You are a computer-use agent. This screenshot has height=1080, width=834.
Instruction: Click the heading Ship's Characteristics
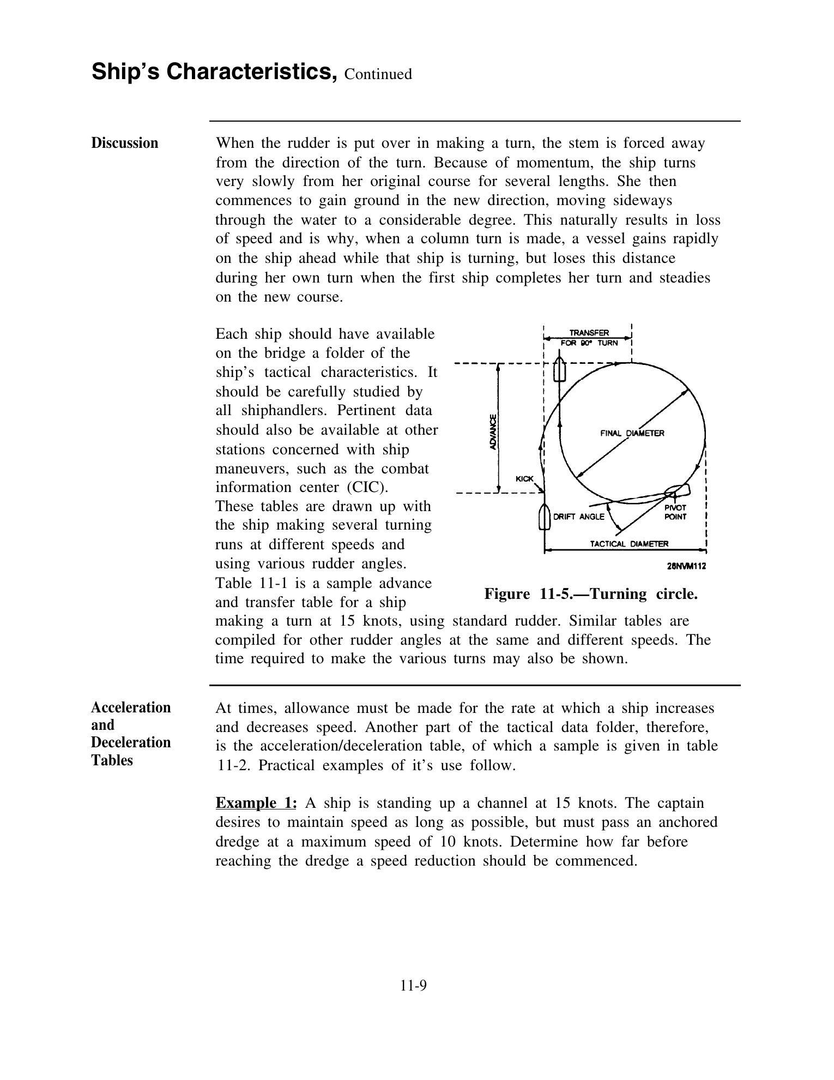[214, 72]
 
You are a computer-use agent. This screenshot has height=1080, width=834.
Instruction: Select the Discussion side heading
[124, 143]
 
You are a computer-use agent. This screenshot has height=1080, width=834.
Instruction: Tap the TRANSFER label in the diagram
[589, 333]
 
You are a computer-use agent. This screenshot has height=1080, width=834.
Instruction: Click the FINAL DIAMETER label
[632, 433]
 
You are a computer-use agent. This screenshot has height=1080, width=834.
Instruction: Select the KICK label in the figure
[524, 478]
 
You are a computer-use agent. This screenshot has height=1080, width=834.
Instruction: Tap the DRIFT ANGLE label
[578, 517]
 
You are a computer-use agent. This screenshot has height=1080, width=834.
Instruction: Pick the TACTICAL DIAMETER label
[629, 544]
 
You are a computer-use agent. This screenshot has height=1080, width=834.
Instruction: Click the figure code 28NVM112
[686, 566]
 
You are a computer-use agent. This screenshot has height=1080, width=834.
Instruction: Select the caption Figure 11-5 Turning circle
[591, 593]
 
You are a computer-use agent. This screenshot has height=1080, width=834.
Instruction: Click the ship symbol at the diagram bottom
[544, 517]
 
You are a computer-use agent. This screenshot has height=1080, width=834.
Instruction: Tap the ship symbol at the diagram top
[559, 370]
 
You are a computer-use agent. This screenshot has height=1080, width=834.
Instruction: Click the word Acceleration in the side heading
[131, 707]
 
